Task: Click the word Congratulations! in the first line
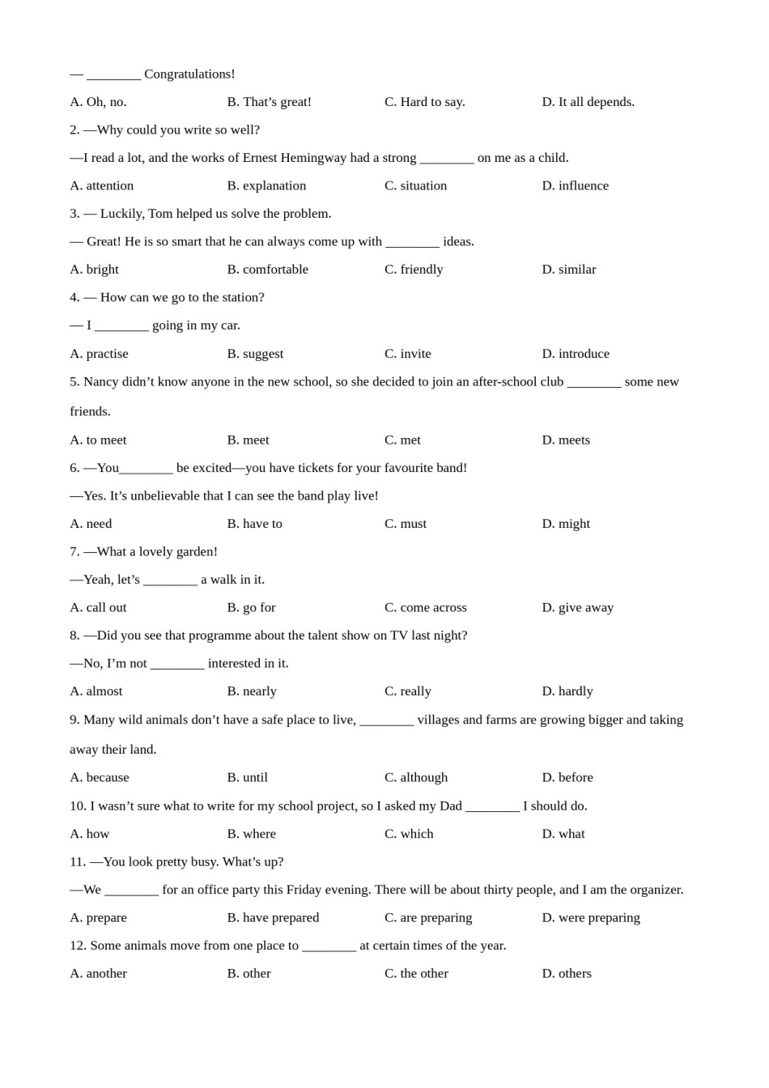(189, 74)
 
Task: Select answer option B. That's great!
(269, 102)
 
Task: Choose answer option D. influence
(575, 185)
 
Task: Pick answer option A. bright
(94, 270)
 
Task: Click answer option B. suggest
(255, 354)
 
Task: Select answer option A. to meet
(98, 440)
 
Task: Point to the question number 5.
(74, 382)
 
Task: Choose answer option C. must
(405, 524)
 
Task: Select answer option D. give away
(577, 608)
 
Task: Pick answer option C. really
(407, 691)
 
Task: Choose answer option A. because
(100, 778)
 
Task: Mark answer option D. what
(563, 834)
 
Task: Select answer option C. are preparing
(427, 918)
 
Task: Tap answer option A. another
(98, 974)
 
